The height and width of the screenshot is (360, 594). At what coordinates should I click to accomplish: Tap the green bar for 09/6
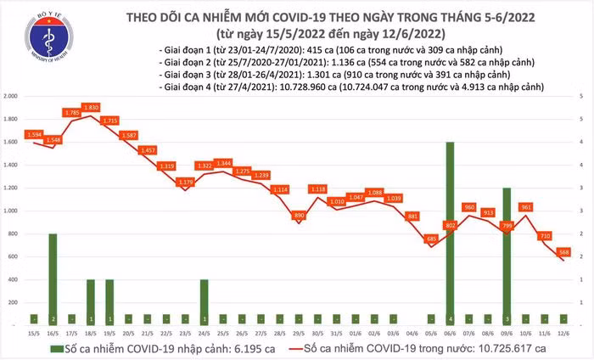pyautogui.click(x=507, y=256)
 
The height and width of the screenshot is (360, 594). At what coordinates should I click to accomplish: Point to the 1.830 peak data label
pyautogui.click(x=91, y=106)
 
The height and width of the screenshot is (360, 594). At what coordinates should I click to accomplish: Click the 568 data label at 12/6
pyautogui.click(x=564, y=250)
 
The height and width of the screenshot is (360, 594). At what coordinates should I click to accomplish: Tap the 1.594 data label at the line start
pyautogui.click(x=34, y=134)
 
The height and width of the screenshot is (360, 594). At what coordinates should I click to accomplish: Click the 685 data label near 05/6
pyautogui.click(x=431, y=239)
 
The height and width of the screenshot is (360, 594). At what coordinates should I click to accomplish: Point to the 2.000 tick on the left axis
pyautogui.click(x=12, y=97)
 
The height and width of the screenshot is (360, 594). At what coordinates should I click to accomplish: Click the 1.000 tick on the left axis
pyautogui.click(x=12, y=211)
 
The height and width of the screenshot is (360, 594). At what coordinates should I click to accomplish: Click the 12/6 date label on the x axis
pyautogui.click(x=563, y=333)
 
